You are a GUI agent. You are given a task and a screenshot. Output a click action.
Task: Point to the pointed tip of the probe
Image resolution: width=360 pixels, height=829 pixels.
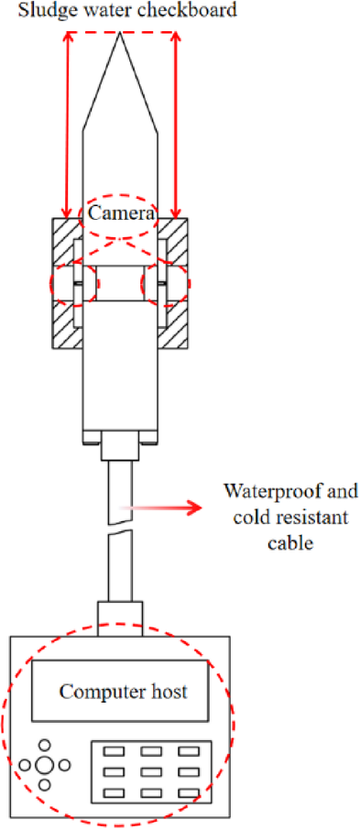(121, 36)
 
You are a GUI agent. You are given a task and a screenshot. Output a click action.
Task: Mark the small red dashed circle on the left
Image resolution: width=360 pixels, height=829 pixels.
(73, 284)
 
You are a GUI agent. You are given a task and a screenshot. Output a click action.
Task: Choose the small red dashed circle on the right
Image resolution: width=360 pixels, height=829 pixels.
(166, 284)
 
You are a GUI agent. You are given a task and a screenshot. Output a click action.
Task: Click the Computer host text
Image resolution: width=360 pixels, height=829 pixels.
(124, 691)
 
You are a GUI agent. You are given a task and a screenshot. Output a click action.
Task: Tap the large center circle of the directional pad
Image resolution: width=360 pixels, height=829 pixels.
(44, 765)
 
